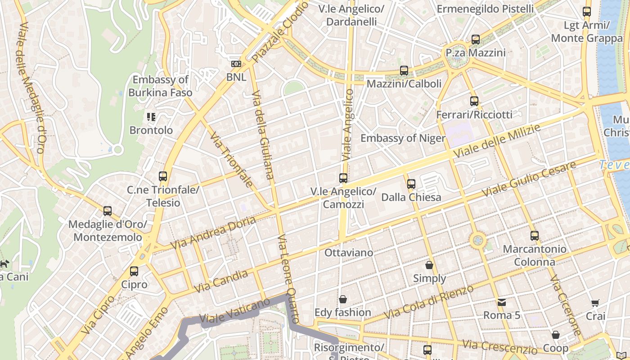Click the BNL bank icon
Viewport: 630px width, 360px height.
point(236,64)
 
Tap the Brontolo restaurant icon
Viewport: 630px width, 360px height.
point(151,117)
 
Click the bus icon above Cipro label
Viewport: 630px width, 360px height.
point(134,271)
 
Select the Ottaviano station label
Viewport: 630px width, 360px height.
point(349,253)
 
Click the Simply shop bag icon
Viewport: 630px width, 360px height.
point(429,265)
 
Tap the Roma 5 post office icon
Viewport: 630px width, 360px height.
point(502,302)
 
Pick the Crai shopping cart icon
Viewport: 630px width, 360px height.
point(595,303)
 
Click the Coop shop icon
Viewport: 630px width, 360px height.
point(556,335)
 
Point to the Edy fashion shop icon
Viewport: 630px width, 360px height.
point(343,299)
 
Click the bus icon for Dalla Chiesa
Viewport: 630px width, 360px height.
point(411,184)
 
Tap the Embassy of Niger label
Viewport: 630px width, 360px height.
point(403,138)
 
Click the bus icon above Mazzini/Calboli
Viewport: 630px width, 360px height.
point(404,71)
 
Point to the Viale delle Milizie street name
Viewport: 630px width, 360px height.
point(497,141)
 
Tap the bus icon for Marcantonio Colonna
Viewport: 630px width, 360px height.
point(535,235)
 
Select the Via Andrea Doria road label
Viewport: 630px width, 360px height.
point(213,233)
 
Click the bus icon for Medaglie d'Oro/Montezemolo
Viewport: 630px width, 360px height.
point(108,211)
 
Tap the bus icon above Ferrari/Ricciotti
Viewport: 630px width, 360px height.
point(474,101)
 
